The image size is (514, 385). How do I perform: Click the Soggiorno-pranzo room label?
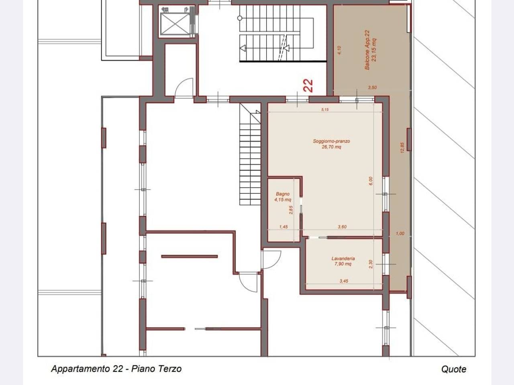pos(331,144)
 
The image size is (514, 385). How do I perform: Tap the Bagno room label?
pos(283,197)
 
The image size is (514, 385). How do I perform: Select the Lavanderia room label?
pos(343,261)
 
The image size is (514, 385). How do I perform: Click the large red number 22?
pos(308,85)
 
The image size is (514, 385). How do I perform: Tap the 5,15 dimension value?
pos(325,109)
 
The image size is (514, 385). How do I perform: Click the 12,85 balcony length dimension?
pos(402,148)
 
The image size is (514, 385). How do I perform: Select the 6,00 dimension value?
pos(370,181)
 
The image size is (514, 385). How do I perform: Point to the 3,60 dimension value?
pos(342,227)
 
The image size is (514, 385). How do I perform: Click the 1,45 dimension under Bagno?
pos(284,227)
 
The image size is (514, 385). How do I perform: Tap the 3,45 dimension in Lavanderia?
pos(344,281)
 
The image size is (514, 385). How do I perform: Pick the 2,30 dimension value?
pos(371,264)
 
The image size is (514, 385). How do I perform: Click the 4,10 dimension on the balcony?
pos(339,50)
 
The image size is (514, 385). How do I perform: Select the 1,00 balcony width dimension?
pos(400,233)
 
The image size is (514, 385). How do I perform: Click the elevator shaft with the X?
pos(175,24)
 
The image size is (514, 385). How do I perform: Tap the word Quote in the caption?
pos(454,369)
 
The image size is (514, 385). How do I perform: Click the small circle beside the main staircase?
pos(240,18)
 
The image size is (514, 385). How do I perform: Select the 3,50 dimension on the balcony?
pos(372,88)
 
